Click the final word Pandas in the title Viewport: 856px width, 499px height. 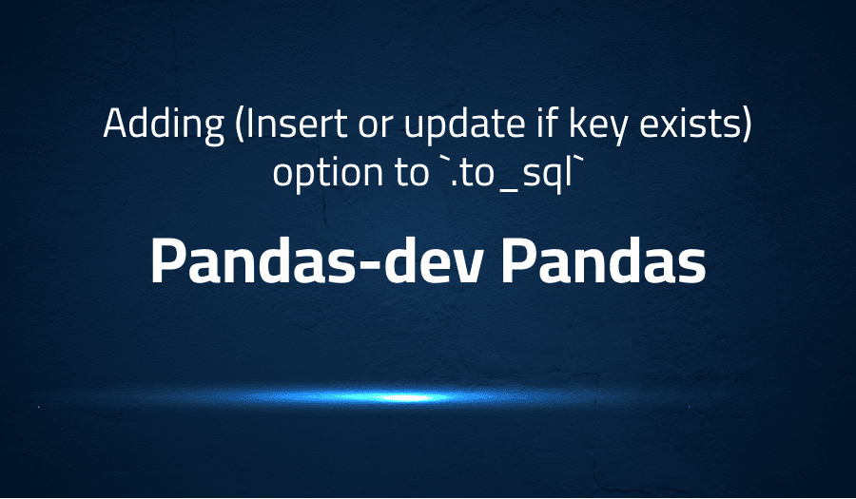click(x=604, y=259)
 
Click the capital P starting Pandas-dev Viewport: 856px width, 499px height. click(x=167, y=259)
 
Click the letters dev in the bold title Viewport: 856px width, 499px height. click(x=445, y=259)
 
